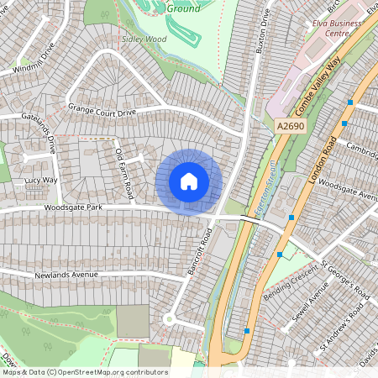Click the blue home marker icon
pyautogui.click(x=189, y=181)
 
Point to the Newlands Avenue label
pyautogui.click(x=66, y=275)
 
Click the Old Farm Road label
pyautogui.click(x=124, y=173)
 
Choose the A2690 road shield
pyautogui.click(x=290, y=126)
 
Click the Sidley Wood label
pyautogui.click(x=144, y=39)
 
